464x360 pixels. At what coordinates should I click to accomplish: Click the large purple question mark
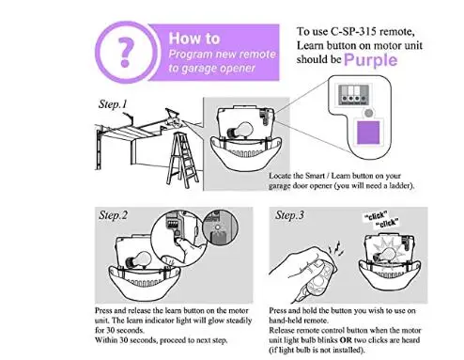[126, 52]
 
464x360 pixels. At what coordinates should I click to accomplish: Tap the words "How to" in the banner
[194, 39]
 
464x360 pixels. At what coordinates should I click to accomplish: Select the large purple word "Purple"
[370, 60]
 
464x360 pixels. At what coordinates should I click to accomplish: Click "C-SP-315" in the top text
[353, 31]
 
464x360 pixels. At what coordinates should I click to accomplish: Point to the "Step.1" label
[113, 104]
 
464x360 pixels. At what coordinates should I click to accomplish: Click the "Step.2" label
[113, 215]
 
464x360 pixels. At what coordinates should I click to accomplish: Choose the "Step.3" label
[289, 215]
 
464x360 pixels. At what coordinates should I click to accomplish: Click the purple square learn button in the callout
[368, 133]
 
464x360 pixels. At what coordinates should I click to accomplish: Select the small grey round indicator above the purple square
[369, 113]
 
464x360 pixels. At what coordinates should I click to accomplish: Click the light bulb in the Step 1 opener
[240, 131]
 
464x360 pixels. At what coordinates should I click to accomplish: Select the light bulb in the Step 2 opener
[138, 259]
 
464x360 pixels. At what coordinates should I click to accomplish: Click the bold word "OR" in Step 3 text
[346, 340]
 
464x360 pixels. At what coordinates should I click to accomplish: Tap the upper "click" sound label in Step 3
[377, 216]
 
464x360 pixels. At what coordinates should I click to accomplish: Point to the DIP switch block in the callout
[354, 94]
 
